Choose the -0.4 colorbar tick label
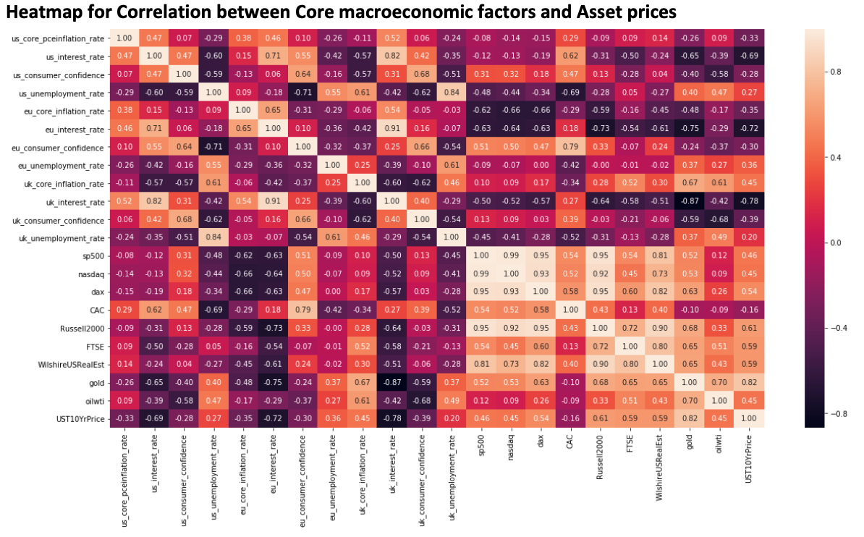(831, 328)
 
